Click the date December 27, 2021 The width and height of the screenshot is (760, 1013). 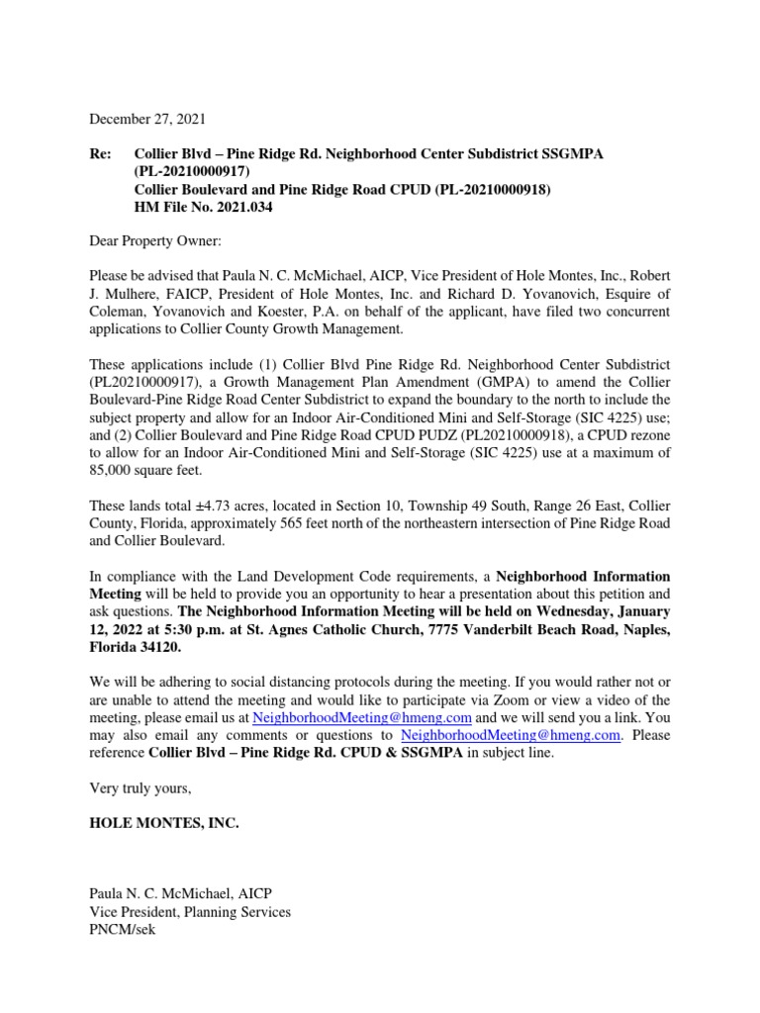tap(147, 119)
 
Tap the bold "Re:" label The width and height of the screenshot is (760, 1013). tap(102, 155)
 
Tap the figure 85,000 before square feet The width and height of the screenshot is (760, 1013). tap(112, 443)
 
